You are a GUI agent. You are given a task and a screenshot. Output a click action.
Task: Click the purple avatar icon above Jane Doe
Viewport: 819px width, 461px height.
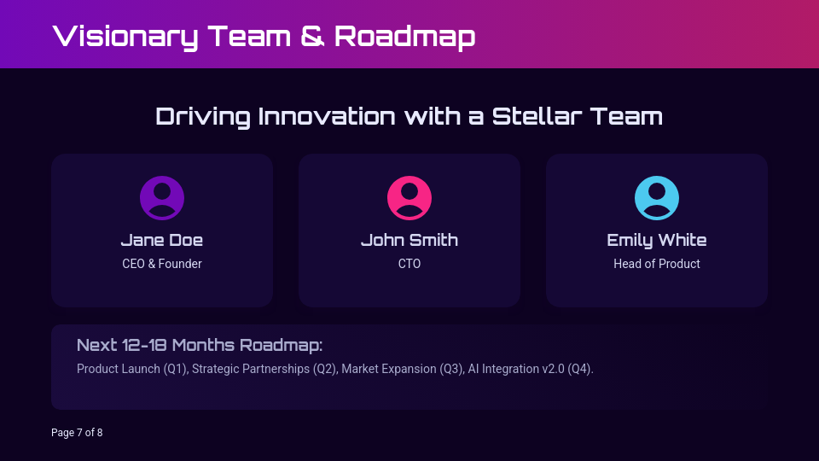click(162, 198)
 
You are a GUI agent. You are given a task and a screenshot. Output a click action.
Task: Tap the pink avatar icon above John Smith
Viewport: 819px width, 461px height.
click(409, 198)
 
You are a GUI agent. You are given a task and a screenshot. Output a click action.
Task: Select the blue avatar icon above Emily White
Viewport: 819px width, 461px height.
click(657, 198)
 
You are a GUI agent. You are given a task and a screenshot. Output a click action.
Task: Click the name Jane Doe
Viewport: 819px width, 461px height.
click(162, 240)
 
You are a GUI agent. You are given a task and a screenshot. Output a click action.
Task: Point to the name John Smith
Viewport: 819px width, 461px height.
click(409, 240)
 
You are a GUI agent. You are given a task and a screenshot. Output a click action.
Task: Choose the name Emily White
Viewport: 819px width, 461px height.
click(657, 241)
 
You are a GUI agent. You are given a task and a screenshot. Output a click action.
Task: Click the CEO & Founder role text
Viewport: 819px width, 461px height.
click(162, 264)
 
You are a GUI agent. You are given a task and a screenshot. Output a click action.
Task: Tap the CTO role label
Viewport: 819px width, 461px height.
click(409, 264)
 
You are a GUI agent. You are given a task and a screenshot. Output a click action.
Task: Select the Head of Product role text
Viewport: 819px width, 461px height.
click(657, 264)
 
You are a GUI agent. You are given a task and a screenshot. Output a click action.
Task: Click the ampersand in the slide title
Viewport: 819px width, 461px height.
click(312, 36)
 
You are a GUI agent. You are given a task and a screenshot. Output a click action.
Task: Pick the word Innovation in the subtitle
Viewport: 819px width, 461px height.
click(327, 116)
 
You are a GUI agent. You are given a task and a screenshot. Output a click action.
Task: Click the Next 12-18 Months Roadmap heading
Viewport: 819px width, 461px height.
click(200, 345)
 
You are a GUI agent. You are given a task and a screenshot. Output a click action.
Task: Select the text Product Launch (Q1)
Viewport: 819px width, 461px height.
click(133, 369)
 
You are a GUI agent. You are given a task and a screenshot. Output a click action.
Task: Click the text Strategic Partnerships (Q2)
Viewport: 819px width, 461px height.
click(264, 369)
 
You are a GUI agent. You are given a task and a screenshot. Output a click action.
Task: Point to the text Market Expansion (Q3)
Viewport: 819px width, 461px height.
click(403, 369)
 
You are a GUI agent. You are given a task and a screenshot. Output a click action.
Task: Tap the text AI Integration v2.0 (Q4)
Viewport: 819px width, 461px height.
click(531, 369)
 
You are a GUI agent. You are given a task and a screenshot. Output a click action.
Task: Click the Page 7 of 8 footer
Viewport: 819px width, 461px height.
click(77, 433)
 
